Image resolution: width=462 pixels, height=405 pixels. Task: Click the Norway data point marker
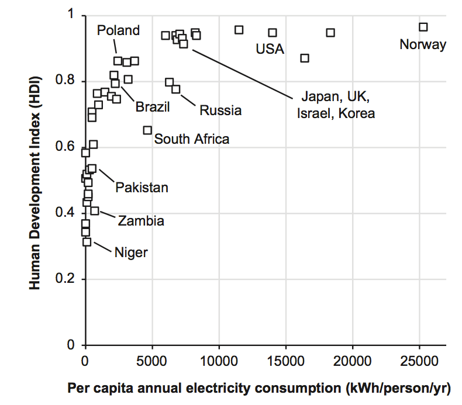423,27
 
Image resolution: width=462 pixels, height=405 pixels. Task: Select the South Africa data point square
147,130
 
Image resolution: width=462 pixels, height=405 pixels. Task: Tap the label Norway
423,44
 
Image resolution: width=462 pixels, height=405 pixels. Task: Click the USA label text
270,49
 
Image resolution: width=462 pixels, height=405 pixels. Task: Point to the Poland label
119,30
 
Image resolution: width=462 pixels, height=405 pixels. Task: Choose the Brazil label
153,107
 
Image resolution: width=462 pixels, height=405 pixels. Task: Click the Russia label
220,110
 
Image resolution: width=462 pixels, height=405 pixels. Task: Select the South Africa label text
192,139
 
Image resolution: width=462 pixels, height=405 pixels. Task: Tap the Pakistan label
142,188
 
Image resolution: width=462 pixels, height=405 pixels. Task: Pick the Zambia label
141,221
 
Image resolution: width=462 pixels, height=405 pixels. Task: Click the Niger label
131,252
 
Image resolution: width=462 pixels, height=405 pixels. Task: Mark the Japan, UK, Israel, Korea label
336,104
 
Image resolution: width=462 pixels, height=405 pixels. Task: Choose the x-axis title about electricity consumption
260,387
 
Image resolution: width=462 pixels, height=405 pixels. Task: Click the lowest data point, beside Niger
87,241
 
